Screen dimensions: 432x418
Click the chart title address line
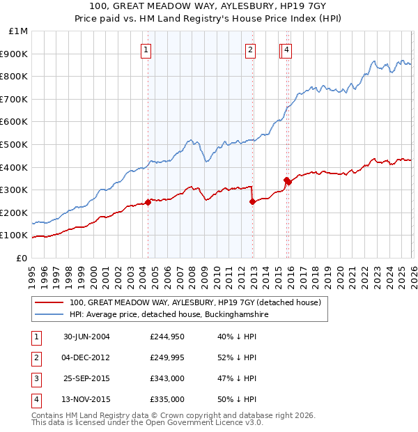210,6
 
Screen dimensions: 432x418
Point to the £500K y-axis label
15,144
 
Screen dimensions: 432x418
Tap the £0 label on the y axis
22,258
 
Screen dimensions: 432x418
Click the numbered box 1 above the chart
146,49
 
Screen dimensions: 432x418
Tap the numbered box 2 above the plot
250,49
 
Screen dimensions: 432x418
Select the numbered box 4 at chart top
287,49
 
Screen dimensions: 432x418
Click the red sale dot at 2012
252,201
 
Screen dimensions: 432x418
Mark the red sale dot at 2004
148,202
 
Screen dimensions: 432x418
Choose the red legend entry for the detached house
194,303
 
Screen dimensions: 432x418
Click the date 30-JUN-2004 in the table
86,337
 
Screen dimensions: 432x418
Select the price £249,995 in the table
167,357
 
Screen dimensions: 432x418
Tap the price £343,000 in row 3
167,378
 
